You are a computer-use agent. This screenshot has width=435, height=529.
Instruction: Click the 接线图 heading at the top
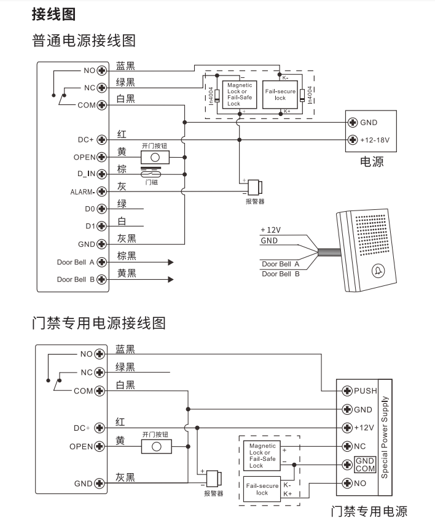click(x=53, y=14)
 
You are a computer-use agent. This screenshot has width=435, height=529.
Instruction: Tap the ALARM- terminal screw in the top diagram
click(x=103, y=191)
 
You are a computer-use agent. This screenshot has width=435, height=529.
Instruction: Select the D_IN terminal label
click(x=83, y=174)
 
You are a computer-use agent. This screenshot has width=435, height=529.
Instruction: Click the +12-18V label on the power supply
click(x=378, y=139)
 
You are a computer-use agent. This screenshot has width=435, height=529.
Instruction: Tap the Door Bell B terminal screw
click(x=103, y=279)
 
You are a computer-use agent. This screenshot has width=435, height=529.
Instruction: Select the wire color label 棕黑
click(x=126, y=255)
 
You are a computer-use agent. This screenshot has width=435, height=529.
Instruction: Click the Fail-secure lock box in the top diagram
click(x=280, y=95)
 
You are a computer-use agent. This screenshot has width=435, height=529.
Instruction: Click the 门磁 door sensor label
click(x=151, y=182)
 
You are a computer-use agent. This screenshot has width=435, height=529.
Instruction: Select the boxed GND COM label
click(x=365, y=465)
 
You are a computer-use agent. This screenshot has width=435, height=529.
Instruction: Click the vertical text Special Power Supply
click(x=385, y=437)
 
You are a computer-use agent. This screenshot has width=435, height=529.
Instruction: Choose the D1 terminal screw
click(x=103, y=226)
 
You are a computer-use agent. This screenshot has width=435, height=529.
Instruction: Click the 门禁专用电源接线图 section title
click(x=98, y=323)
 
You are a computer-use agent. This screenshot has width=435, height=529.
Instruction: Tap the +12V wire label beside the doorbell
click(x=270, y=230)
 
